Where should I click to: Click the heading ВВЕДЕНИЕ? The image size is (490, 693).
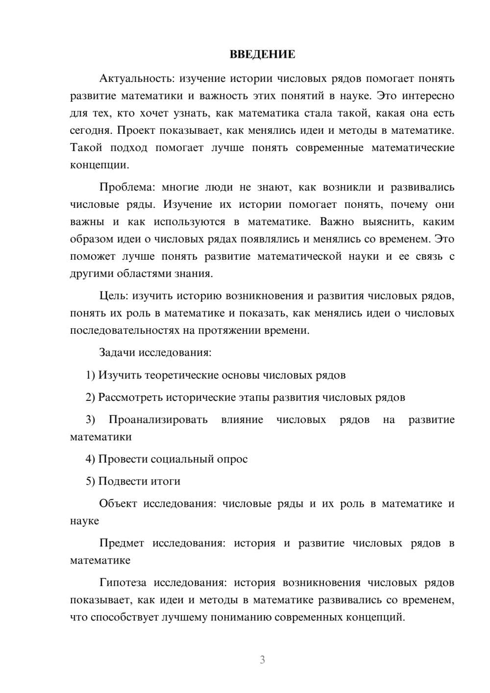(x=262, y=54)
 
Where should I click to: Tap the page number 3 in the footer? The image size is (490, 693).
(x=262, y=660)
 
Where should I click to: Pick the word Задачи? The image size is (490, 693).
(x=118, y=352)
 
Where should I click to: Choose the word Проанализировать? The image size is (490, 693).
(x=158, y=420)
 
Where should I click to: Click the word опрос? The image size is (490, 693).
(x=232, y=459)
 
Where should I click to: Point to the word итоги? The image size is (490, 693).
(x=166, y=481)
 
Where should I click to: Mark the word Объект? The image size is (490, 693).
(x=118, y=503)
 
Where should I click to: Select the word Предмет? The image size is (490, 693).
(x=122, y=543)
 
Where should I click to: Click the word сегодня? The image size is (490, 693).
(x=90, y=130)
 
